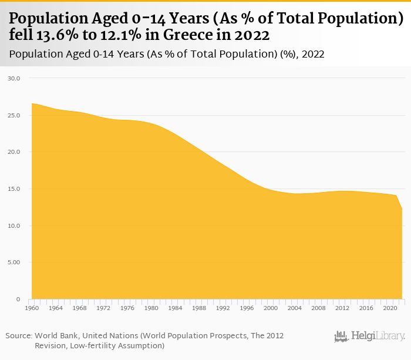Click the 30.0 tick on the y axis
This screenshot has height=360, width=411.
(x=14, y=78)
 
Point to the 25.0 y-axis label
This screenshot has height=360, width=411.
(x=14, y=115)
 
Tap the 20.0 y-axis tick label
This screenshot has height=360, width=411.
(x=14, y=152)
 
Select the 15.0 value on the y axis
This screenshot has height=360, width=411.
(x=14, y=189)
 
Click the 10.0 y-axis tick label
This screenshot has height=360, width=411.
(x=14, y=226)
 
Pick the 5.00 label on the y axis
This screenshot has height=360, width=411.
(x=14, y=263)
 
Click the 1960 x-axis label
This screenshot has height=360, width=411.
(x=32, y=308)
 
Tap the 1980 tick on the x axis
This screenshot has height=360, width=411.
(x=151, y=308)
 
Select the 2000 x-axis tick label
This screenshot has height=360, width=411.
(x=271, y=308)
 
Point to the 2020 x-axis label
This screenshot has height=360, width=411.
(x=390, y=308)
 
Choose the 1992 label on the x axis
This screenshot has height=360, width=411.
(x=223, y=308)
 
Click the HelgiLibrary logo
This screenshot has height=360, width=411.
(x=369, y=337)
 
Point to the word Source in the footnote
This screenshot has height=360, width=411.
(x=18, y=335)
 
